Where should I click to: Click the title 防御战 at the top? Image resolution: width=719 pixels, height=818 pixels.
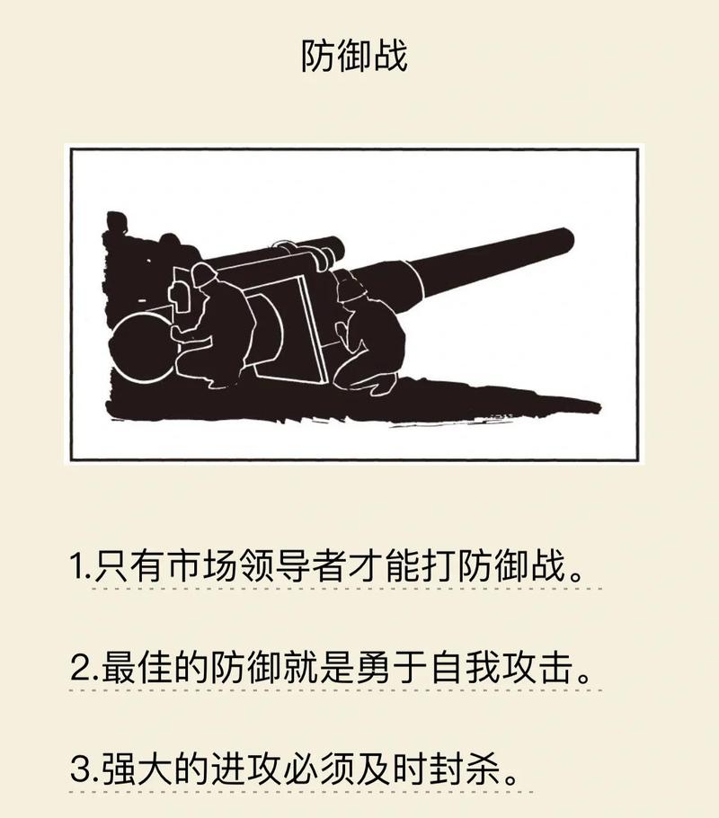(x=354, y=56)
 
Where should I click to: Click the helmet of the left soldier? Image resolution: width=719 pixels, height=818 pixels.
(x=204, y=273)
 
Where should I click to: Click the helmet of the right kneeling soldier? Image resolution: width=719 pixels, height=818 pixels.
(x=352, y=288)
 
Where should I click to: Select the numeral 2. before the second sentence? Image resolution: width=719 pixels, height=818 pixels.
(x=84, y=667)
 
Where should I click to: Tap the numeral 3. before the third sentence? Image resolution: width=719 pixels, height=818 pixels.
(x=84, y=769)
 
